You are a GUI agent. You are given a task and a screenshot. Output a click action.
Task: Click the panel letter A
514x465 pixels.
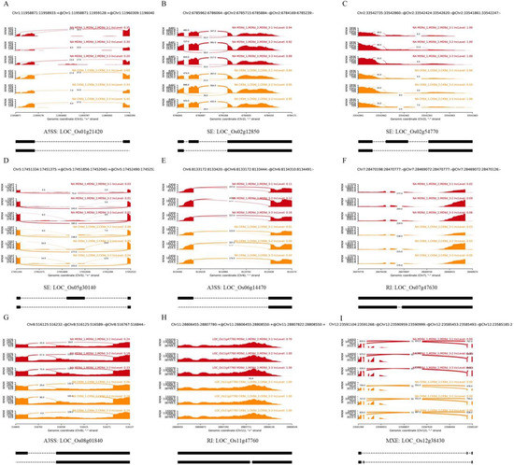point(7,6)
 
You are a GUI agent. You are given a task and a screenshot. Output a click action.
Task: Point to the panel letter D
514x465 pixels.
point(7,161)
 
